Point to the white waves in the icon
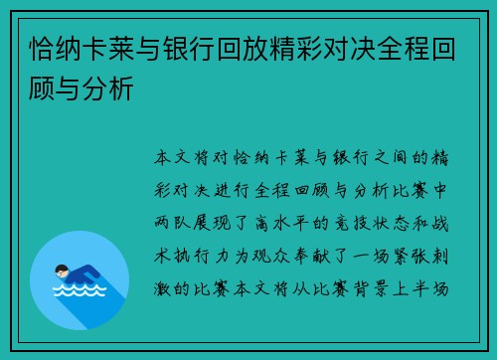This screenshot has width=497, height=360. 80,289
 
